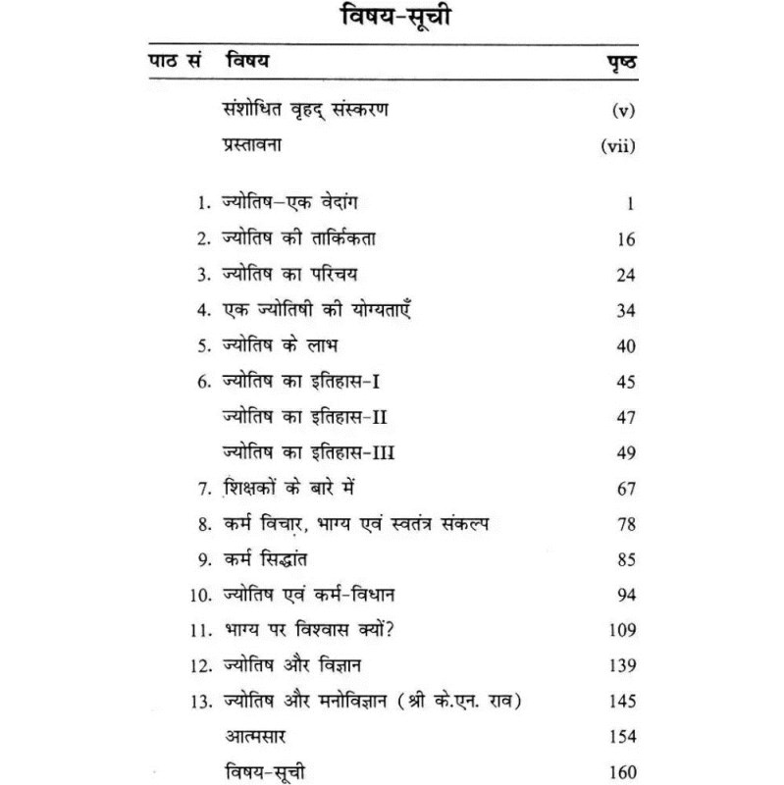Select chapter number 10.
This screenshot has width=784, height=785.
[199, 595]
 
